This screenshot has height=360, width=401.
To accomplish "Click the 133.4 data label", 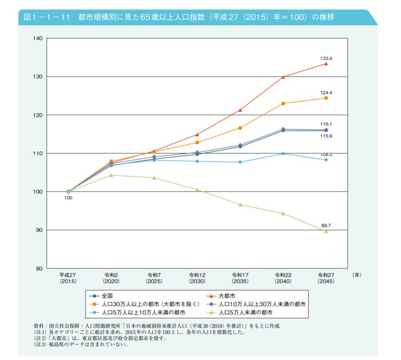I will (326, 58).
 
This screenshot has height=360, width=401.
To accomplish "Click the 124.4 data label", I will (326, 93).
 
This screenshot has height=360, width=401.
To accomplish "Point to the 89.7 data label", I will (326, 226).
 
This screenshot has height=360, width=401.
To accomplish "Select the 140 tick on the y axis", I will (38, 38).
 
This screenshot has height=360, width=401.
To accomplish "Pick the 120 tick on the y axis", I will (38, 115).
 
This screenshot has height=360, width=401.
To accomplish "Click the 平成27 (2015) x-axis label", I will (68, 279).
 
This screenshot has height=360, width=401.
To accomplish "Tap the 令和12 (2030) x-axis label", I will (197, 279).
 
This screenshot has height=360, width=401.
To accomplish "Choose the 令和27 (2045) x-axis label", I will (326, 279).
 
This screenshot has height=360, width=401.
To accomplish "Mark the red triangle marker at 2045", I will (326, 64).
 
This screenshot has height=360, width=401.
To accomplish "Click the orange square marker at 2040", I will (283, 103).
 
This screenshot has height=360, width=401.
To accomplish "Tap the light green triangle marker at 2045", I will (326, 231).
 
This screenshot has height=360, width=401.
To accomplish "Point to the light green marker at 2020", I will (111, 175).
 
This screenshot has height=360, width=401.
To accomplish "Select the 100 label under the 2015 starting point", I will (68, 198).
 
